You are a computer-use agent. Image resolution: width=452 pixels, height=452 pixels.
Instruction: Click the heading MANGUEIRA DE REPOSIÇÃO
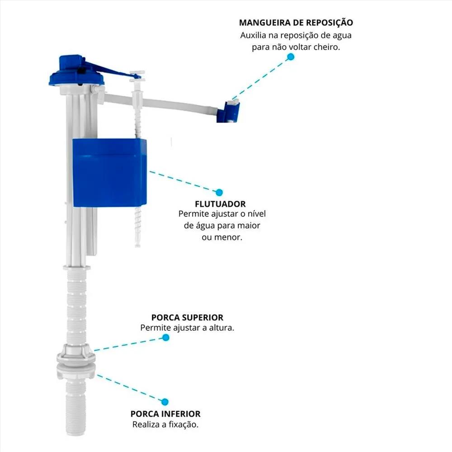[x=296, y=23]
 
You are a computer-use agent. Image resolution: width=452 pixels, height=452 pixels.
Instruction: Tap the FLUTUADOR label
[x=221, y=204]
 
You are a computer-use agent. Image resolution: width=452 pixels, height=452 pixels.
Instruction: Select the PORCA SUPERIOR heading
[x=187, y=318]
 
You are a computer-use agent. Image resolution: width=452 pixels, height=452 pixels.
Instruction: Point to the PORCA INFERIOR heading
[x=165, y=414]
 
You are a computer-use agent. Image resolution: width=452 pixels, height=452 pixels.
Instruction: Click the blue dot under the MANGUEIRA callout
[x=291, y=57]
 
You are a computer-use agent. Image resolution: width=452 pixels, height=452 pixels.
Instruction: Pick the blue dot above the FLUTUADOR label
[x=219, y=192]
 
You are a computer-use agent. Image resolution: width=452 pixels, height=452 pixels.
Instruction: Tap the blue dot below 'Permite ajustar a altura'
[x=166, y=338]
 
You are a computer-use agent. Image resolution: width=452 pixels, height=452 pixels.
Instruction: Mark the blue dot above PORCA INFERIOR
[x=165, y=401]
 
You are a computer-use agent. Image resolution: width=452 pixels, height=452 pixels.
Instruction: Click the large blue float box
[x=109, y=172]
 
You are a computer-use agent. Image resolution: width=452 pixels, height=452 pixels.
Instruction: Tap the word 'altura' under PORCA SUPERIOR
[x=222, y=328]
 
